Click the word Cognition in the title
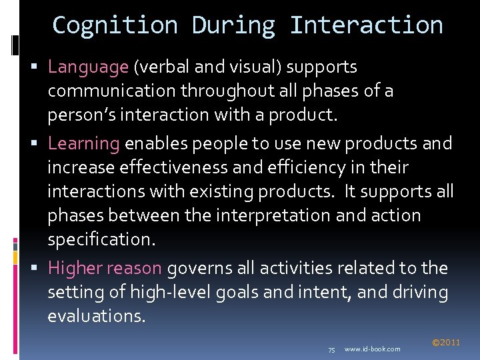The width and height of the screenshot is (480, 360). [115, 25]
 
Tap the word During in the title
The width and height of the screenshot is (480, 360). [233, 25]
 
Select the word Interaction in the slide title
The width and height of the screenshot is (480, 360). [366, 25]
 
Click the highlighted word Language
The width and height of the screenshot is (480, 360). [88, 67]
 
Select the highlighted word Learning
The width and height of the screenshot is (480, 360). [83, 143]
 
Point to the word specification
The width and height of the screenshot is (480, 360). [95, 239]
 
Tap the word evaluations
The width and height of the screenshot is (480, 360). [95, 315]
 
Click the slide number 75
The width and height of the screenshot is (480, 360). [332, 349]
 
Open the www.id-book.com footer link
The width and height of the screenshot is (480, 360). [373, 349]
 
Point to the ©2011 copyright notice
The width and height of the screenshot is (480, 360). [446, 343]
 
